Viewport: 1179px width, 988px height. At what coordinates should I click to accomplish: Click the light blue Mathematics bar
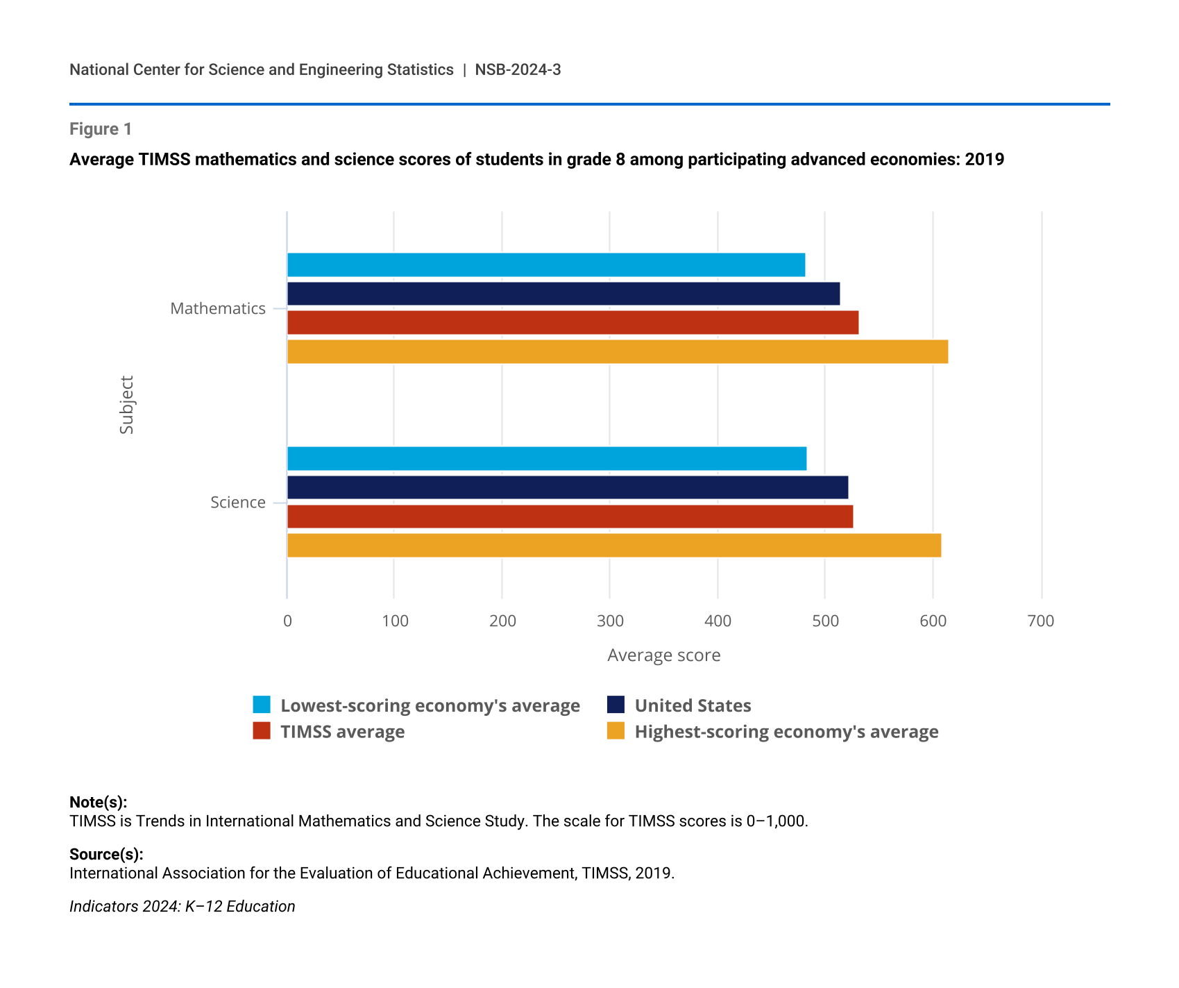pos(546,265)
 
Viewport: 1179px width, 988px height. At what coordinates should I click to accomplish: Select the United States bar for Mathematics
pos(563,294)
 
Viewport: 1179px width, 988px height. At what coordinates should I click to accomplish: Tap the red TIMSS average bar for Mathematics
pos(572,323)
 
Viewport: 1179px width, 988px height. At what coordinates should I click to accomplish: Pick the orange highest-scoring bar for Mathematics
pos(618,352)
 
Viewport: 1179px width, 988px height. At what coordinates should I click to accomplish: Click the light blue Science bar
pos(547,459)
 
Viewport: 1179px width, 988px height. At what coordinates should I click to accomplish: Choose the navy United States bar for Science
pos(568,487)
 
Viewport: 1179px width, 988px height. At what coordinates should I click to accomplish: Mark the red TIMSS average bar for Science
pos(570,517)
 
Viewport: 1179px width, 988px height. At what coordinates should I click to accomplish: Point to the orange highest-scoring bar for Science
pos(614,546)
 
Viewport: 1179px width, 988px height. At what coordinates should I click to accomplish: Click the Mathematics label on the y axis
pos(218,308)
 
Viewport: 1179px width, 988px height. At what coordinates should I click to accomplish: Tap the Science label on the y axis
pos(238,502)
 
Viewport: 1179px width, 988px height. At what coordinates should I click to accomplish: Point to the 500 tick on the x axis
pos(825,621)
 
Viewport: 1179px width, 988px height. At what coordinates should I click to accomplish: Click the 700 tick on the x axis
pos(1041,621)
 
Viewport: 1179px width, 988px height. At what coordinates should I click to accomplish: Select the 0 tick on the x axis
pos(287,621)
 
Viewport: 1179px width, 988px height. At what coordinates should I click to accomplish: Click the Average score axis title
pos(664,655)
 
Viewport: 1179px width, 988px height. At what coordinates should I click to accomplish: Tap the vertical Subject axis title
pos(126,405)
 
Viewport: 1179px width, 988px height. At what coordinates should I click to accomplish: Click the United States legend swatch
pos(616,705)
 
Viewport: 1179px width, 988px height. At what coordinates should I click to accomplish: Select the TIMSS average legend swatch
pos(262,731)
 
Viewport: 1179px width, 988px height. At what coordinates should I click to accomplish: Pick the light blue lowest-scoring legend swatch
pos(262,705)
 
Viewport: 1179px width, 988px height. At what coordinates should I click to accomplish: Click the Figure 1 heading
pos(101,129)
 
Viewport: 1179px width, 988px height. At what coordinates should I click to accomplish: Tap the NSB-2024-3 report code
pos(518,69)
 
